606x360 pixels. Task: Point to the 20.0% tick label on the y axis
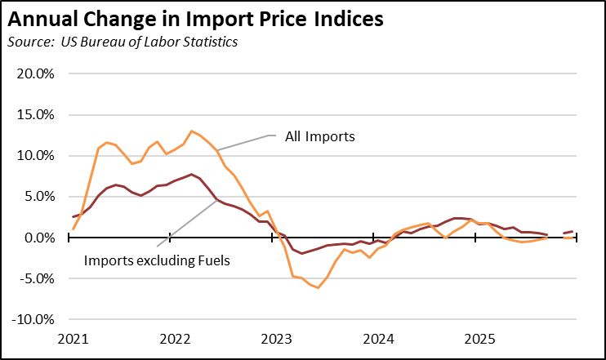[37, 73]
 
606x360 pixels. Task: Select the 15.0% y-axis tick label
[37, 114]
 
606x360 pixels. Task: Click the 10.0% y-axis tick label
[37, 155]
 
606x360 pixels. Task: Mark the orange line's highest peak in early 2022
[191, 131]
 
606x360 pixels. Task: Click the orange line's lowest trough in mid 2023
[318, 288]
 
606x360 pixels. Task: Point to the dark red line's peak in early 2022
[191, 174]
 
